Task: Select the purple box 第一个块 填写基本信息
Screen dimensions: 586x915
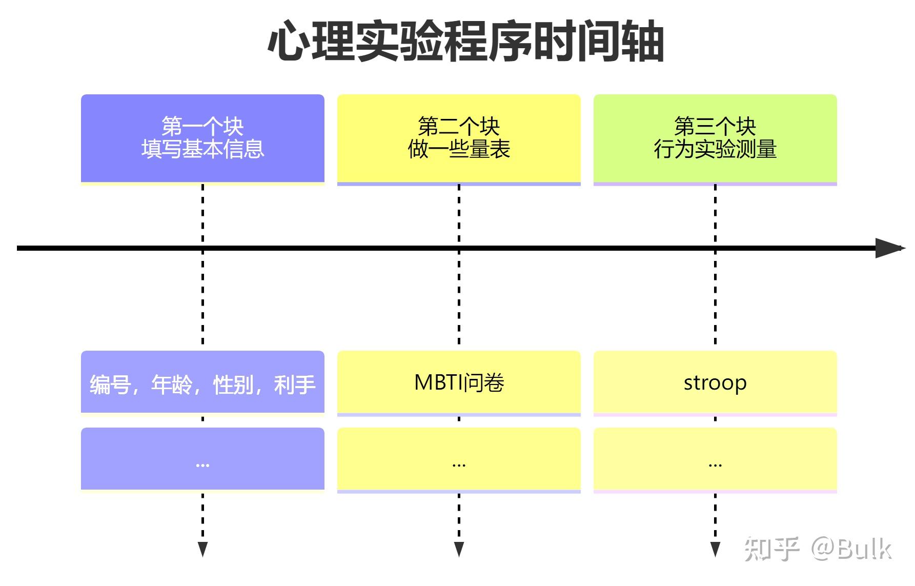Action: tap(202, 138)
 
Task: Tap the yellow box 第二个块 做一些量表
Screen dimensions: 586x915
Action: tap(459, 138)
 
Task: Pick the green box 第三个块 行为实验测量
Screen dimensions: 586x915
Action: tap(715, 138)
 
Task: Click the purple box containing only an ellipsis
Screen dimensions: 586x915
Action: tap(202, 459)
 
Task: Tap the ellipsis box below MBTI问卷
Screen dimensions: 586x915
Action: tap(459, 459)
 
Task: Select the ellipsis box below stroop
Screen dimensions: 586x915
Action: tap(715, 459)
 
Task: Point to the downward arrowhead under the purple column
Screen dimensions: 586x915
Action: tap(202, 549)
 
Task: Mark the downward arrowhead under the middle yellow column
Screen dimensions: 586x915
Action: tap(459, 549)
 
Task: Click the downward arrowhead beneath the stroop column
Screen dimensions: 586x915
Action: tap(715, 549)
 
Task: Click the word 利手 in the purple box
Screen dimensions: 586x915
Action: tap(295, 385)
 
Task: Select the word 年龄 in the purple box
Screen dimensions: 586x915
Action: tap(171, 385)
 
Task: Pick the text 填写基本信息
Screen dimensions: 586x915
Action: tap(202, 149)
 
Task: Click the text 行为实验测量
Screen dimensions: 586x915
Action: tap(715, 149)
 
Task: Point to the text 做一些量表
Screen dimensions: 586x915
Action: tap(459, 149)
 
